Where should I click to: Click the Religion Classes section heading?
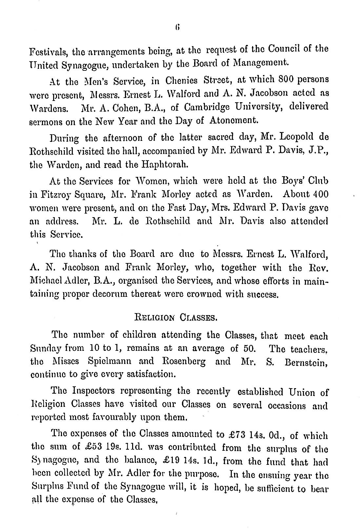click(175, 317)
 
